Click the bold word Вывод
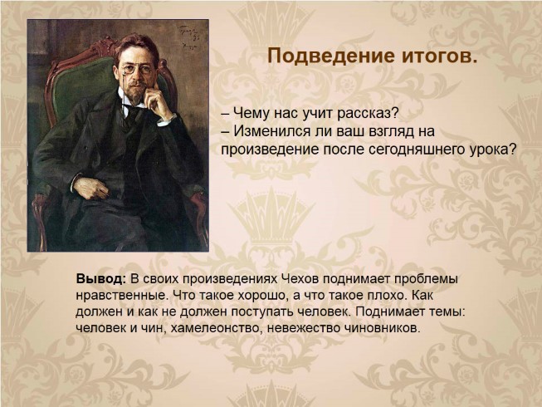click(101, 278)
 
